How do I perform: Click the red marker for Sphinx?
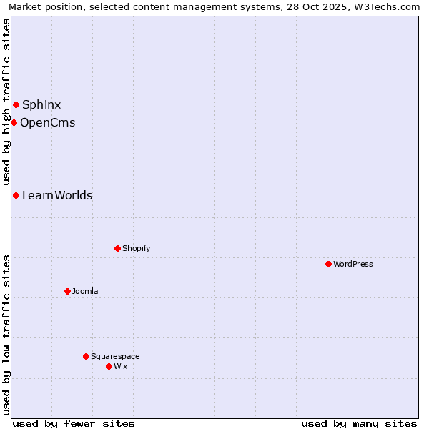tap(16, 105)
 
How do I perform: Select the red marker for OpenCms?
tap(14, 123)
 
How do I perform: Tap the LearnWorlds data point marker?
tap(16, 196)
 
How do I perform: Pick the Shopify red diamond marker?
tap(117, 249)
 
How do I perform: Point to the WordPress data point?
tap(328, 265)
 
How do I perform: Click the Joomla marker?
tap(67, 292)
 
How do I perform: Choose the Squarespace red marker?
tap(86, 357)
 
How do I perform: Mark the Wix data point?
tap(109, 367)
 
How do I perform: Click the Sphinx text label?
tap(41, 105)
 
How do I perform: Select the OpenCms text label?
tap(47, 123)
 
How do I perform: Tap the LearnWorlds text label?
tap(57, 196)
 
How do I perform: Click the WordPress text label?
tap(353, 265)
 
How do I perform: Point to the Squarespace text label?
tap(115, 357)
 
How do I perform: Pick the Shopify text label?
tap(136, 249)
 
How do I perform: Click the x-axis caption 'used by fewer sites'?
tap(74, 423)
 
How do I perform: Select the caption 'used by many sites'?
tap(359, 423)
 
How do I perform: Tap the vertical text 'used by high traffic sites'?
tap(6, 102)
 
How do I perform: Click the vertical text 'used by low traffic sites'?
tap(6, 334)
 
